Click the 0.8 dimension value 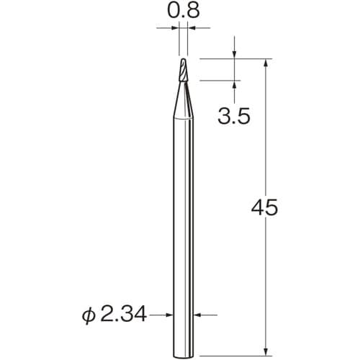(x=183, y=12)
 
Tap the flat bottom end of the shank (x=184, y=350)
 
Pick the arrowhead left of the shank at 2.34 (x=169, y=314)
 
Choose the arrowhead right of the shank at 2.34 (x=198, y=314)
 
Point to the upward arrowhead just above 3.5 (x=234, y=85)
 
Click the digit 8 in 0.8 (x=192, y=12)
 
